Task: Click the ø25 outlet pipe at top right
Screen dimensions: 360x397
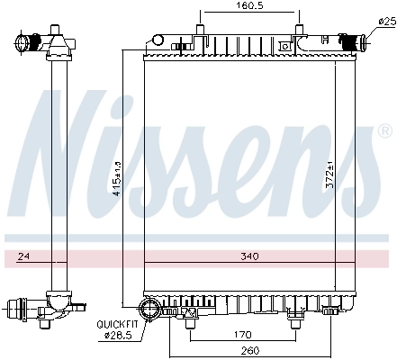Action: click(x=353, y=40)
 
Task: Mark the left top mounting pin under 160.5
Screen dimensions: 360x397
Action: click(x=197, y=34)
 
